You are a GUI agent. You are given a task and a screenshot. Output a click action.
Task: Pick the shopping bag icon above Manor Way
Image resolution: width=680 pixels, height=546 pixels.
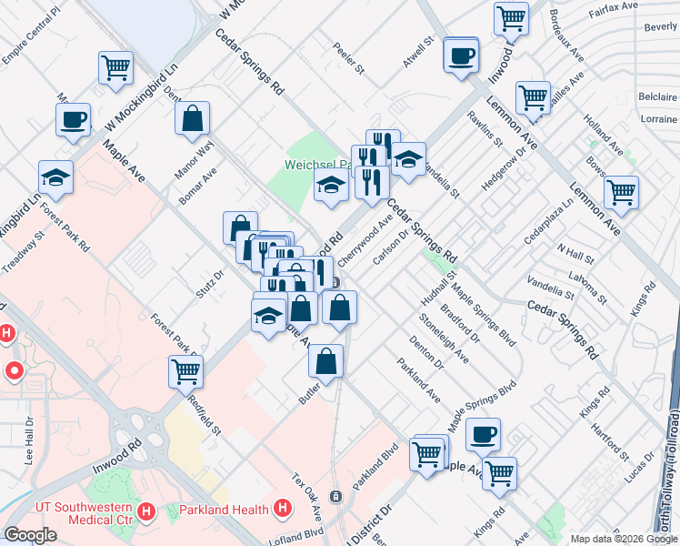click(193, 118)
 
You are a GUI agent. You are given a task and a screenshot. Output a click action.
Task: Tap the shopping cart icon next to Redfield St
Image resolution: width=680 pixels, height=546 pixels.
click(185, 371)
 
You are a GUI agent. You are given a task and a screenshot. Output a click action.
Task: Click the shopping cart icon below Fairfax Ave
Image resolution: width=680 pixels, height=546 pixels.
click(512, 17)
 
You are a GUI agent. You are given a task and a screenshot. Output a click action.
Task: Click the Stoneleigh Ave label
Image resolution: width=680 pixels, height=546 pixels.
click(445, 339)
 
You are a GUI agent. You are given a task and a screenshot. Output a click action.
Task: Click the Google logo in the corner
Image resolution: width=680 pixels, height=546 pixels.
click(30, 535)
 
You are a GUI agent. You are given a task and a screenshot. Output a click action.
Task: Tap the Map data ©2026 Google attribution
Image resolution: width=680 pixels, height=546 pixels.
click(623, 539)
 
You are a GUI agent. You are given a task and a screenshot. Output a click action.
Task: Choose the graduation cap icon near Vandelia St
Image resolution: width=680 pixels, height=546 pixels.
click(409, 159)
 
